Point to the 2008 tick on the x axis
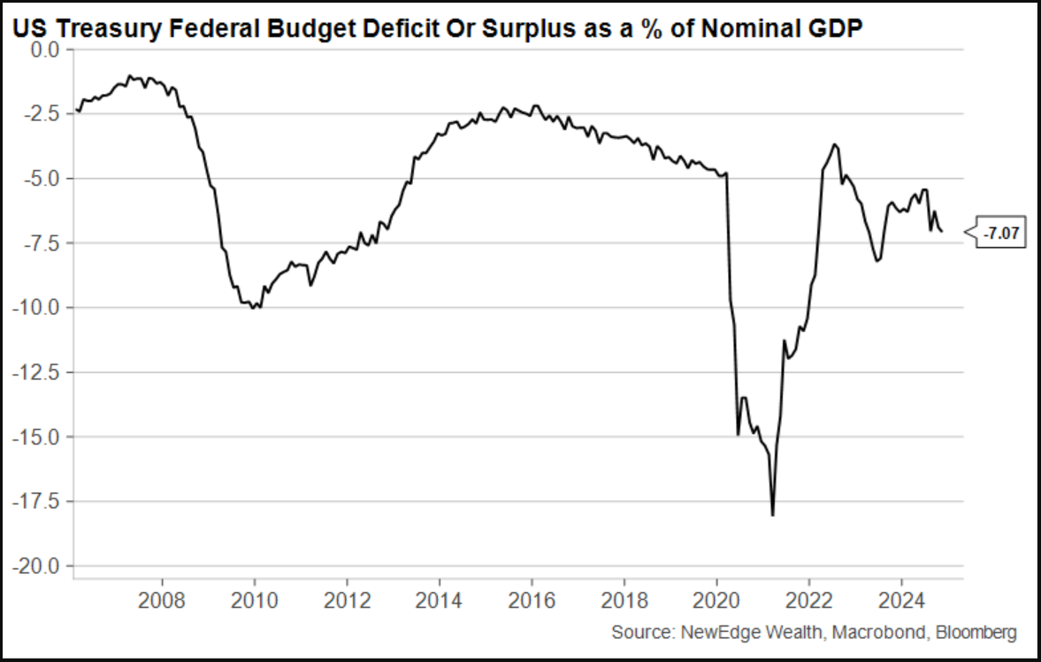(x=162, y=602)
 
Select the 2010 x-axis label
(x=255, y=602)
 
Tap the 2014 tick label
(x=439, y=602)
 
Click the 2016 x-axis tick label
(x=532, y=602)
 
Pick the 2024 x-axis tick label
(x=901, y=602)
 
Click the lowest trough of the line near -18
(x=773, y=514)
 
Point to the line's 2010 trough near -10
(x=255, y=308)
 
